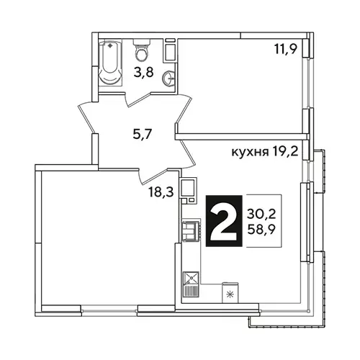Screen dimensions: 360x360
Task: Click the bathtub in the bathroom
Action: [110, 64]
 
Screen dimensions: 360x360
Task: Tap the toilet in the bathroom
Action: [142, 50]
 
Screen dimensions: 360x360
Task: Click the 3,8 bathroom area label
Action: [143, 72]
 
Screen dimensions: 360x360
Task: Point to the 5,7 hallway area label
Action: [143, 134]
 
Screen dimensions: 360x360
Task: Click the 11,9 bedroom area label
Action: [286, 50]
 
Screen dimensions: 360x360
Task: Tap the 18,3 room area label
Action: [161, 192]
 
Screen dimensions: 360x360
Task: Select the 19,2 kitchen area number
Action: [285, 151]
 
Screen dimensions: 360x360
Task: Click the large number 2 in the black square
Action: [224, 221]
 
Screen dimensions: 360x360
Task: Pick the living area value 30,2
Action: [261, 214]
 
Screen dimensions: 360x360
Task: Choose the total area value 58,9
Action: [261, 230]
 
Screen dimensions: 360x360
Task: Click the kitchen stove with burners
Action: [192, 231]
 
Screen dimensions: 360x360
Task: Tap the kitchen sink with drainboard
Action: [191, 284]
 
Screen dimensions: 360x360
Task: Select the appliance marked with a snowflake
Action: [230, 293]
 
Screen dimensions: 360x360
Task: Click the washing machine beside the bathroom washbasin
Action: [170, 50]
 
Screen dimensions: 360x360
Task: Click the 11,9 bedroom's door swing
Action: [184, 110]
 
